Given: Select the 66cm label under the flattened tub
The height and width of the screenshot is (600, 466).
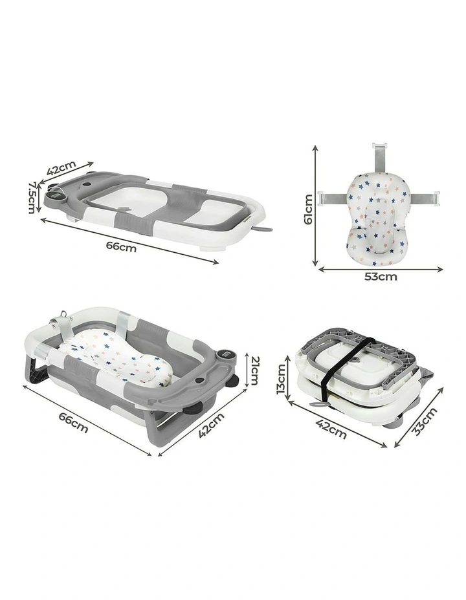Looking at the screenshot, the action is point(121,247).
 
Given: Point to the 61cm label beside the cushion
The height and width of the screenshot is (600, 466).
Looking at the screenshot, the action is point(308,209).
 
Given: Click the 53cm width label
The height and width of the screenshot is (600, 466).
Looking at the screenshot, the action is point(381,276).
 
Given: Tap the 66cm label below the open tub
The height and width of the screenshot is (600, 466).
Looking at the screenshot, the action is point(74,422).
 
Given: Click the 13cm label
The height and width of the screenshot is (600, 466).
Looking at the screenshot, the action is point(281,379).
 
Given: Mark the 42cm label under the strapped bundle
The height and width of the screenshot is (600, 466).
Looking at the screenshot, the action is point(331,429).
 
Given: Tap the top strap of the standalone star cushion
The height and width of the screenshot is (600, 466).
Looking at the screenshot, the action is point(379,159).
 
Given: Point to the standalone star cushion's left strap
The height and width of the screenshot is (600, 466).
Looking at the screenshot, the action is point(333,198).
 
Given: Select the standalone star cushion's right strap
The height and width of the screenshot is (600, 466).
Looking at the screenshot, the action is point(425,197).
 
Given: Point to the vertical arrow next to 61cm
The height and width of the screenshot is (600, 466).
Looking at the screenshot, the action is point(315,206).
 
